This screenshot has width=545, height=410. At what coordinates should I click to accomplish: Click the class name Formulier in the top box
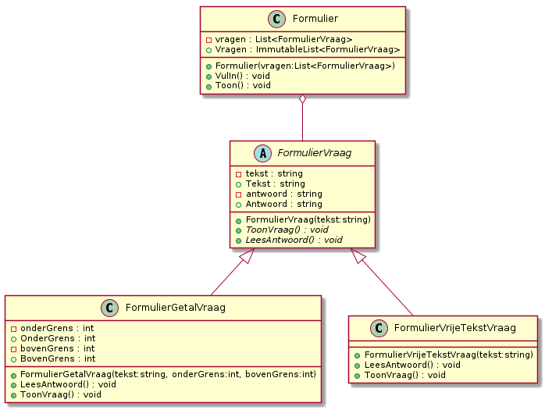click(x=315, y=19)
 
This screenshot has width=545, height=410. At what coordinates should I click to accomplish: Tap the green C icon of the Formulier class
click(x=276, y=19)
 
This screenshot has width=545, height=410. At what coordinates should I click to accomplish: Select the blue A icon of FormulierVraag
click(x=263, y=153)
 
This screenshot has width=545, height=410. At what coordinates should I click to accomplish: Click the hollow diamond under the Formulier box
click(x=303, y=98)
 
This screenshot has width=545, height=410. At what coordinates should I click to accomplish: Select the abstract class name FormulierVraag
click(x=315, y=153)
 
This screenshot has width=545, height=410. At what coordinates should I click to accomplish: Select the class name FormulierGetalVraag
click(x=176, y=308)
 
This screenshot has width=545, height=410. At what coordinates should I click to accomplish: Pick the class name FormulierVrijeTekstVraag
click(x=454, y=328)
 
